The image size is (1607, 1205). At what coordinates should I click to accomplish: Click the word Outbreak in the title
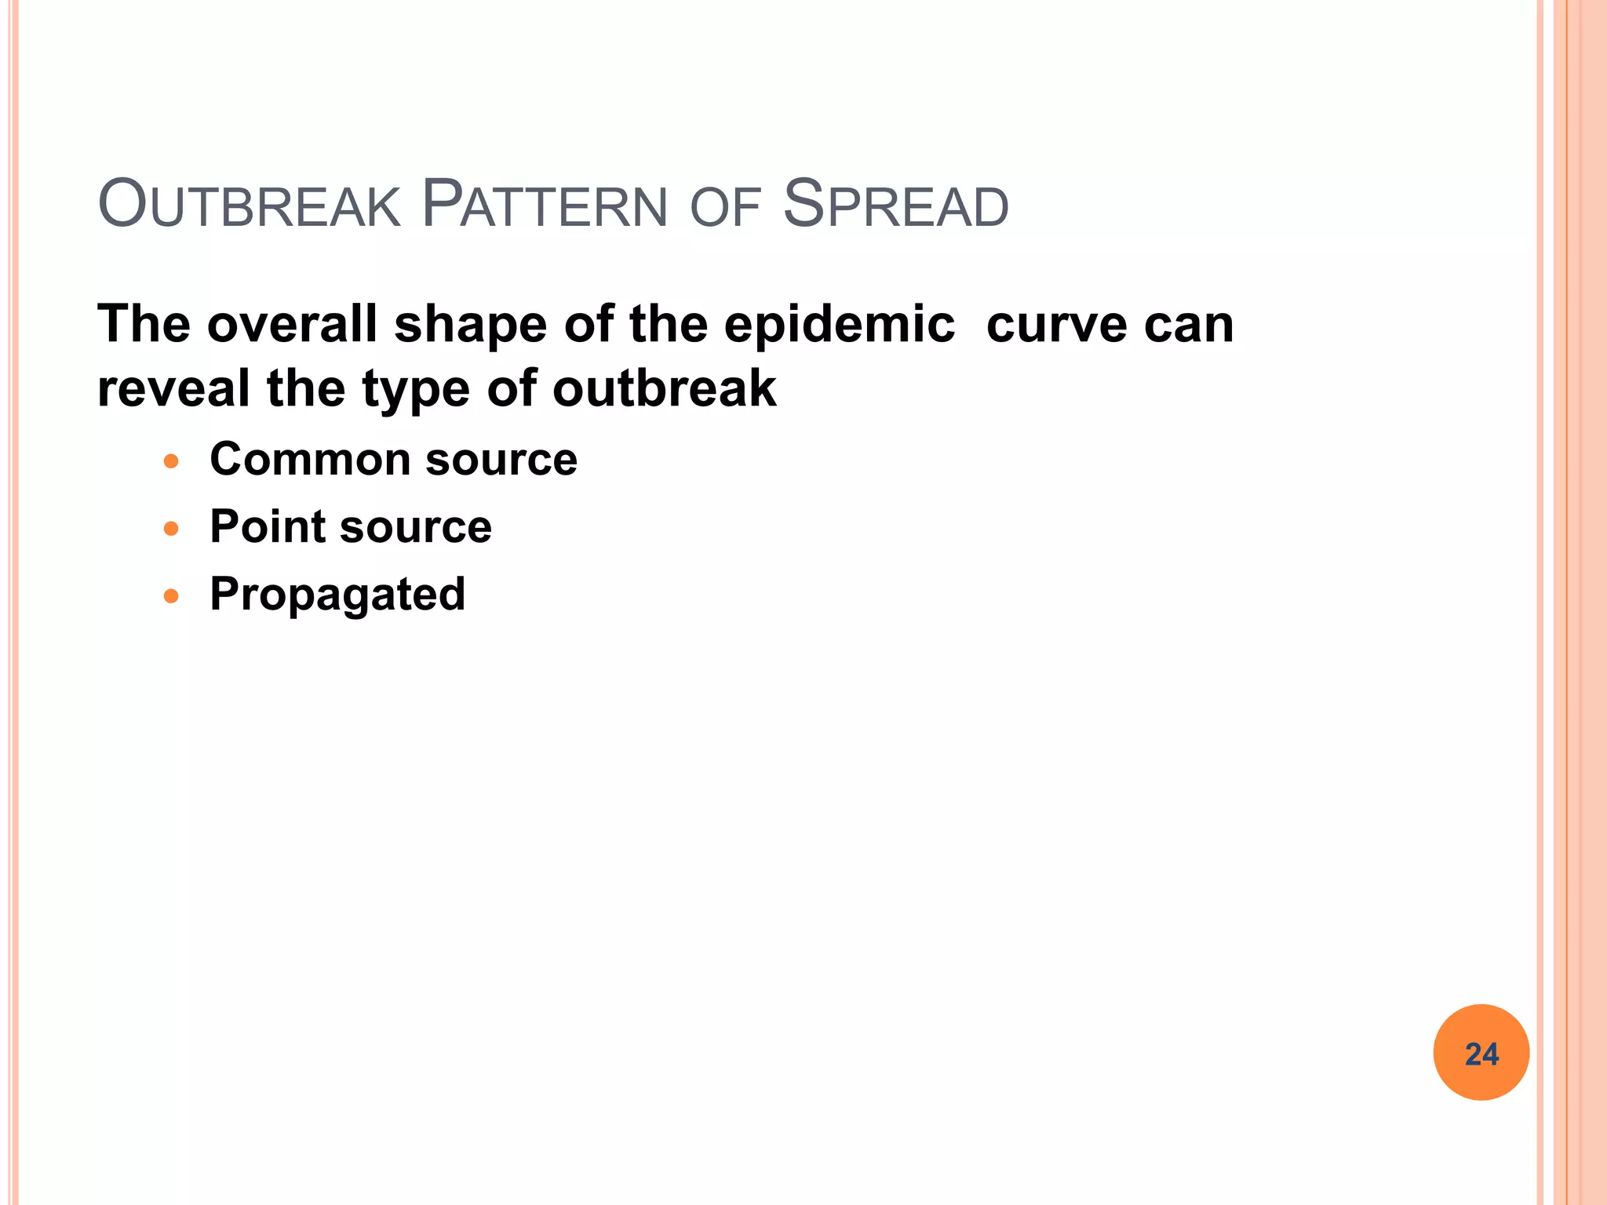(249, 206)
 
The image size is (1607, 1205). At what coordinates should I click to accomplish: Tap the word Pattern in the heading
(544, 206)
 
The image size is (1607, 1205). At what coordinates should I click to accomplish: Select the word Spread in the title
(895, 206)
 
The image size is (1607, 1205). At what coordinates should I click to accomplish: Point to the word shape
(470, 326)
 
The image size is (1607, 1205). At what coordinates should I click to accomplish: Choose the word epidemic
(839, 326)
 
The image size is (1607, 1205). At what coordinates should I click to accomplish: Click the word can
(1189, 326)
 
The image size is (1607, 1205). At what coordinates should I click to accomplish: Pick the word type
(417, 391)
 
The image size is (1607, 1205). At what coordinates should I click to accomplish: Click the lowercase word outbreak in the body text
(664, 389)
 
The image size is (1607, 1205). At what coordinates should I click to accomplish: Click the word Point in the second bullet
(267, 526)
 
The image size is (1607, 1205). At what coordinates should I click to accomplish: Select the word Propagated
(337, 595)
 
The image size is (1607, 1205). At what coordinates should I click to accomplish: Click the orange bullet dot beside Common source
(171, 461)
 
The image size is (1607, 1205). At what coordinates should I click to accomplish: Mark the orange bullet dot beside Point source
(171, 529)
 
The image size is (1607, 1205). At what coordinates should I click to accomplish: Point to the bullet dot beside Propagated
(171, 596)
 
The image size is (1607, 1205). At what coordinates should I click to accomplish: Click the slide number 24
(1481, 1054)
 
